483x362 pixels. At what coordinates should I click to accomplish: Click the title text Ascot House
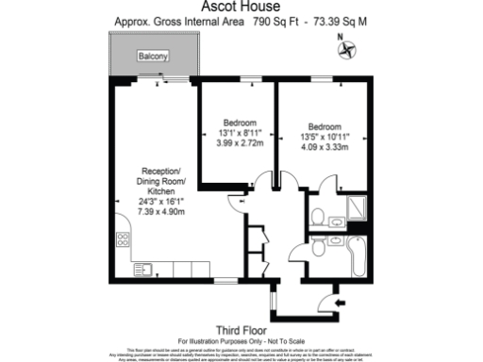pyautogui.click(x=241, y=8)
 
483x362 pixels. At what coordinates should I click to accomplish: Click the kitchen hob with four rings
pyautogui.click(x=123, y=236)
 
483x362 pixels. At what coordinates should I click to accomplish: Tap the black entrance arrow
pyautogui.click(x=327, y=302)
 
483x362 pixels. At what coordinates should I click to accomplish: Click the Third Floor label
pyautogui.click(x=241, y=329)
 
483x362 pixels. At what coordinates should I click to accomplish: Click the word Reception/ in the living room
pyautogui.click(x=158, y=170)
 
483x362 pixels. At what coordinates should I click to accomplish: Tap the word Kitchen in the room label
pyautogui.click(x=158, y=190)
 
